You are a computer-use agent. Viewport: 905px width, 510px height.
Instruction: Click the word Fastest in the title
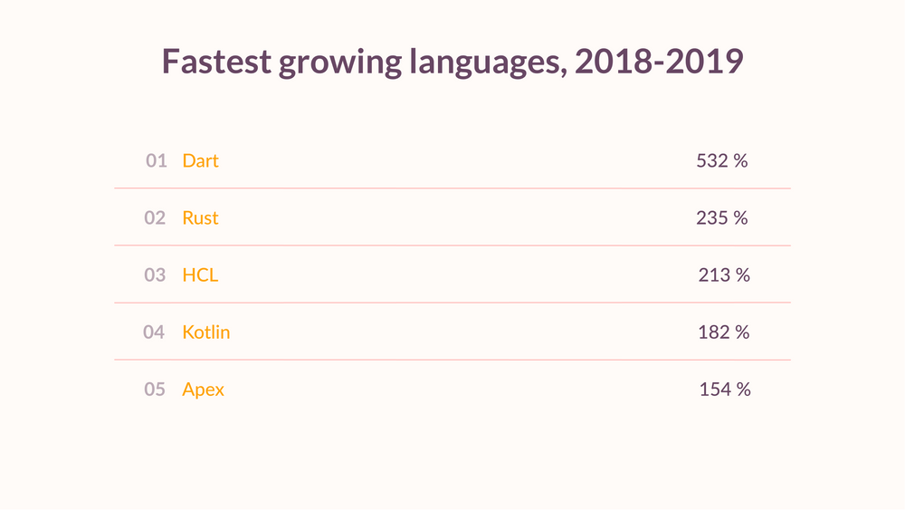pyautogui.click(x=215, y=62)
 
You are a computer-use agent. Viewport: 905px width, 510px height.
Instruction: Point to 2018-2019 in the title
pyautogui.click(x=659, y=62)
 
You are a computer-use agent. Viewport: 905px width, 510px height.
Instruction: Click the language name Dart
pyautogui.click(x=200, y=161)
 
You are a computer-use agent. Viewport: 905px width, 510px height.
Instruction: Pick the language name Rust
pyautogui.click(x=200, y=218)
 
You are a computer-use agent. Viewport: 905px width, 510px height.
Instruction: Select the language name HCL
pyautogui.click(x=200, y=275)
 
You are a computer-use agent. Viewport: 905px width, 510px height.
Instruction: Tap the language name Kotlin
pyautogui.click(x=206, y=332)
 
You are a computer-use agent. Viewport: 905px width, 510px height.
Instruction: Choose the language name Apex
pyautogui.click(x=203, y=390)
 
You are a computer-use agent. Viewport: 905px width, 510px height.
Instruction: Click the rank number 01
pyautogui.click(x=157, y=161)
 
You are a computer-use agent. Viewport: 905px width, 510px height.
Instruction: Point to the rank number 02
pyautogui.click(x=155, y=218)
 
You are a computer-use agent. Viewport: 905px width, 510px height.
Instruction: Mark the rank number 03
pyautogui.click(x=155, y=275)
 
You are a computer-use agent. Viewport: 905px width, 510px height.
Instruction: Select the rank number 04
pyautogui.click(x=154, y=332)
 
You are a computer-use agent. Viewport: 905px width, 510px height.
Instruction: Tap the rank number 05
pyautogui.click(x=155, y=390)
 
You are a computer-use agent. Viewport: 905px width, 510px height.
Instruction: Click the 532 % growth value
pyautogui.click(x=722, y=161)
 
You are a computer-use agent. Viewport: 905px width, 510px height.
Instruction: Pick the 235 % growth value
pyautogui.click(x=722, y=218)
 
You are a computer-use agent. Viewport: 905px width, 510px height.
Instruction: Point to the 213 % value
pyautogui.click(x=724, y=275)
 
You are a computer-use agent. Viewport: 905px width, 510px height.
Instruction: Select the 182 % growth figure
pyautogui.click(x=724, y=332)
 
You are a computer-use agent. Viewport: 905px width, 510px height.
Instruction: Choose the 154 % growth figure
pyautogui.click(x=725, y=390)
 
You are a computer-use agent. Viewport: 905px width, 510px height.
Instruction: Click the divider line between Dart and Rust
pyautogui.click(x=452, y=188)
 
